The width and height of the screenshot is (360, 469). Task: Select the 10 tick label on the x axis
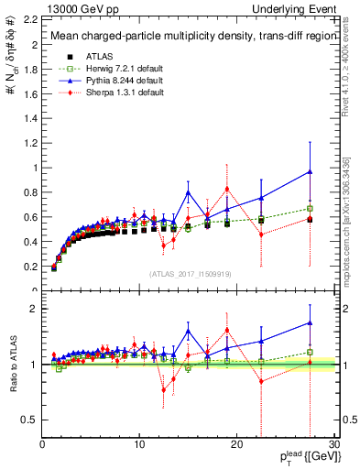(139, 445)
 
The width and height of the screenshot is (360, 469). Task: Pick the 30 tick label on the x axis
(334, 445)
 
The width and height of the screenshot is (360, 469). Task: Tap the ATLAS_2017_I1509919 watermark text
(189, 273)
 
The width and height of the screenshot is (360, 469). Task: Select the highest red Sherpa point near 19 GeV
(227, 189)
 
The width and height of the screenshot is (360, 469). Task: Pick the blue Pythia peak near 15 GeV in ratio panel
(188, 332)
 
